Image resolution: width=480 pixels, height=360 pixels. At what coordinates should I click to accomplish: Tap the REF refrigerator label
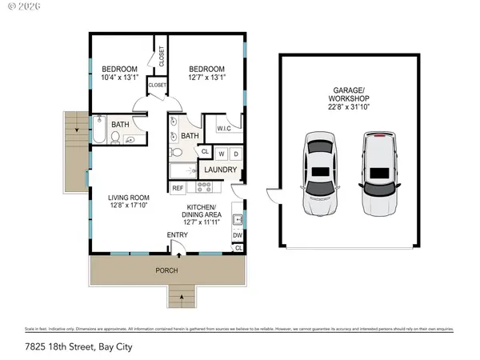pyautogui.click(x=178, y=188)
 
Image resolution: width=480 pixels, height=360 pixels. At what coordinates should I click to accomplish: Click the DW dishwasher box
pyautogui.click(x=238, y=235)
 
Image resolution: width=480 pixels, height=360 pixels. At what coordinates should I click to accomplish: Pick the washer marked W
pyautogui.click(x=222, y=153)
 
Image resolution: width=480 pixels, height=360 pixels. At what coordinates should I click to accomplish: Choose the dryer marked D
pyautogui.click(x=237, y=153)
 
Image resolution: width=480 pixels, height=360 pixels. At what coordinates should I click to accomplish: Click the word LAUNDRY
pyautogui.click(x=220, y=170)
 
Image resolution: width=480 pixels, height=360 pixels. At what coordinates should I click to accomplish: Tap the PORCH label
pyautogui.click(x=166, y=270)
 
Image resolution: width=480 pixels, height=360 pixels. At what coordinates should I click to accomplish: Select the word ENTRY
pyautogui.click(x=177, y=234)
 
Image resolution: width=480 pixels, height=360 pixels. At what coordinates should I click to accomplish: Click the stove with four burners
pyautogui.click(x=203, y=188)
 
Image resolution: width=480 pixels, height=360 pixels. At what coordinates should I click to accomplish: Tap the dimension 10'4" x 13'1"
pyautogui.click(x=119, y=78)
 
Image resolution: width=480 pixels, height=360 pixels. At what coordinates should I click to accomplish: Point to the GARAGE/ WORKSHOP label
pyautogui.click(x=349, y=94)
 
